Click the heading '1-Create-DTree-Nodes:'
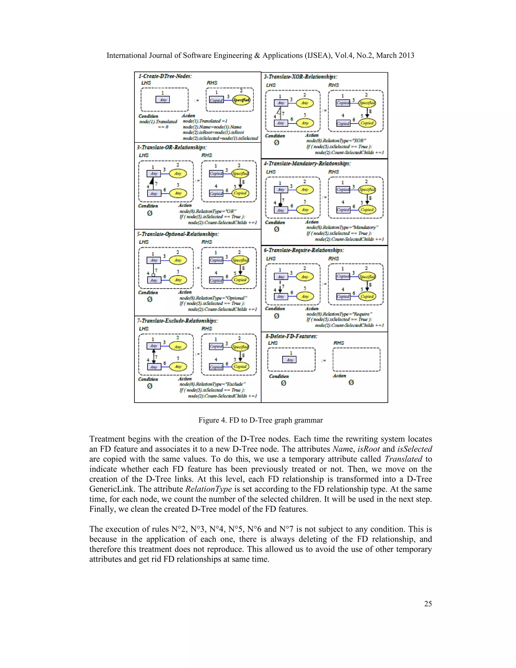pos(165,76)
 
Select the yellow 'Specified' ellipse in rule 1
pos(241,100)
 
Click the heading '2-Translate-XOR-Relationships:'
pos(301,77)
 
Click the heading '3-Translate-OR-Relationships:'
pos(172,147)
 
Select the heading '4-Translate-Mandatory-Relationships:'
pos(307,164)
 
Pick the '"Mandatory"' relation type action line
pos(342,227)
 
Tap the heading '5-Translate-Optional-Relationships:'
pos(178,234)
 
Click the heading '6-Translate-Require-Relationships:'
pos(304,250)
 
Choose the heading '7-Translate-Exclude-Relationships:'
pos(177,321)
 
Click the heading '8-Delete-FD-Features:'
pos(291,336)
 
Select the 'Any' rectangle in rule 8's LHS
pos(289,360)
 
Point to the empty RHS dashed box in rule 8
pos(357,360)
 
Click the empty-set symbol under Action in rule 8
pos(351,383)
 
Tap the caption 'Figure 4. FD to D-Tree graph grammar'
pos(261,420)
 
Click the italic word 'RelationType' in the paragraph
pos(208,489)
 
